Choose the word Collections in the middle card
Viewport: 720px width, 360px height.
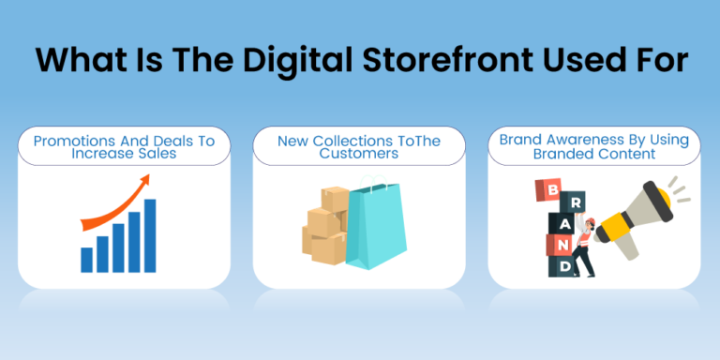click(351, 141)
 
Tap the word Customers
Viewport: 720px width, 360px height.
click(359, 153)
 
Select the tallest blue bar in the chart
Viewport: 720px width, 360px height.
click(150, 234)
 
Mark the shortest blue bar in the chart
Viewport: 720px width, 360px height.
click(87, 259)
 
